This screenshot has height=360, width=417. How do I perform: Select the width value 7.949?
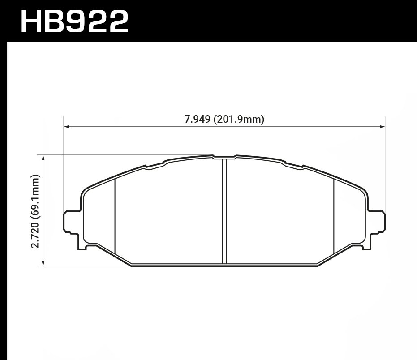[198, 119]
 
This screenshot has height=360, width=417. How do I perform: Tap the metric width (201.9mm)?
[240, 119]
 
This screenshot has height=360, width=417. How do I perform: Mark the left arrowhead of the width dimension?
[67, 127]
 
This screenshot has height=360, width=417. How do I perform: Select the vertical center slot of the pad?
[225, 210]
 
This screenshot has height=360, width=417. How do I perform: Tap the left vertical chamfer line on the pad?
[116, 215]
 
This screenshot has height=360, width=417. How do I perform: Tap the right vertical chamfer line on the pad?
[335, 215]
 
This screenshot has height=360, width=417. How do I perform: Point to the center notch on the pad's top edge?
[224, 157]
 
